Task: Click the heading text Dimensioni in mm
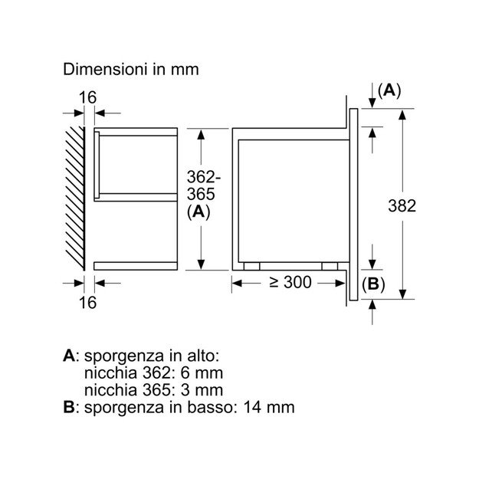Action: point(131,70)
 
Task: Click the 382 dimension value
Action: point(402,205)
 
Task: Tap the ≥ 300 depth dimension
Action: point(290,282)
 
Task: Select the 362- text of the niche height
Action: point(204,177)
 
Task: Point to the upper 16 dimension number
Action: point(87,97)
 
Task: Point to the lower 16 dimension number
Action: point(87,303)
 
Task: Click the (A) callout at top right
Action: point(389,90)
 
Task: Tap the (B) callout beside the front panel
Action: point(373,284)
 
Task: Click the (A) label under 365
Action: point(198,212)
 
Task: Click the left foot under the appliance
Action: point(251,267)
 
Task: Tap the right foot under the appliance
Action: point(330,267)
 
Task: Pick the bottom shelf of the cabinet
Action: point(136,266)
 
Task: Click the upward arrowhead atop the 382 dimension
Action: point(402,116)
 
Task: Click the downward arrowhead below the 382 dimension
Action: point(402,294)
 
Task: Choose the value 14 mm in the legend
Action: point(269,407)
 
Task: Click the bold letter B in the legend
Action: point(69,407)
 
